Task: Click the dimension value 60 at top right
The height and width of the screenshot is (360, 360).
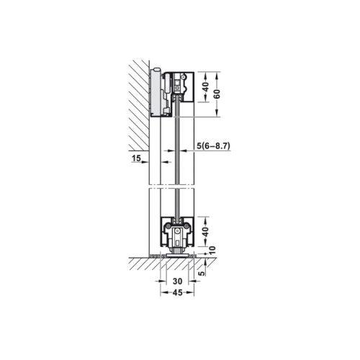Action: coord(217,94)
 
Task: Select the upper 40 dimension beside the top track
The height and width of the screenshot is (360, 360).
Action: coord(206,87)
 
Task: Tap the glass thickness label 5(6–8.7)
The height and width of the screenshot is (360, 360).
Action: coord(213,145)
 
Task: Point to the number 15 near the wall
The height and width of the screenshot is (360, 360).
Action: coord(136,158)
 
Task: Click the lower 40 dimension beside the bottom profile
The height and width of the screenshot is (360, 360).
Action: coord(206,232)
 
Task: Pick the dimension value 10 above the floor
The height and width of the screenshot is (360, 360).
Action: coord(212,250)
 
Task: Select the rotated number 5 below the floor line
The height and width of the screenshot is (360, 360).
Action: coord(202,273)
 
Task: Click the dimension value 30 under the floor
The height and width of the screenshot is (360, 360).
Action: coord(178,281)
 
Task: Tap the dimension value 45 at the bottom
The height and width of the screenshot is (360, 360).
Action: coord(178,292)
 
